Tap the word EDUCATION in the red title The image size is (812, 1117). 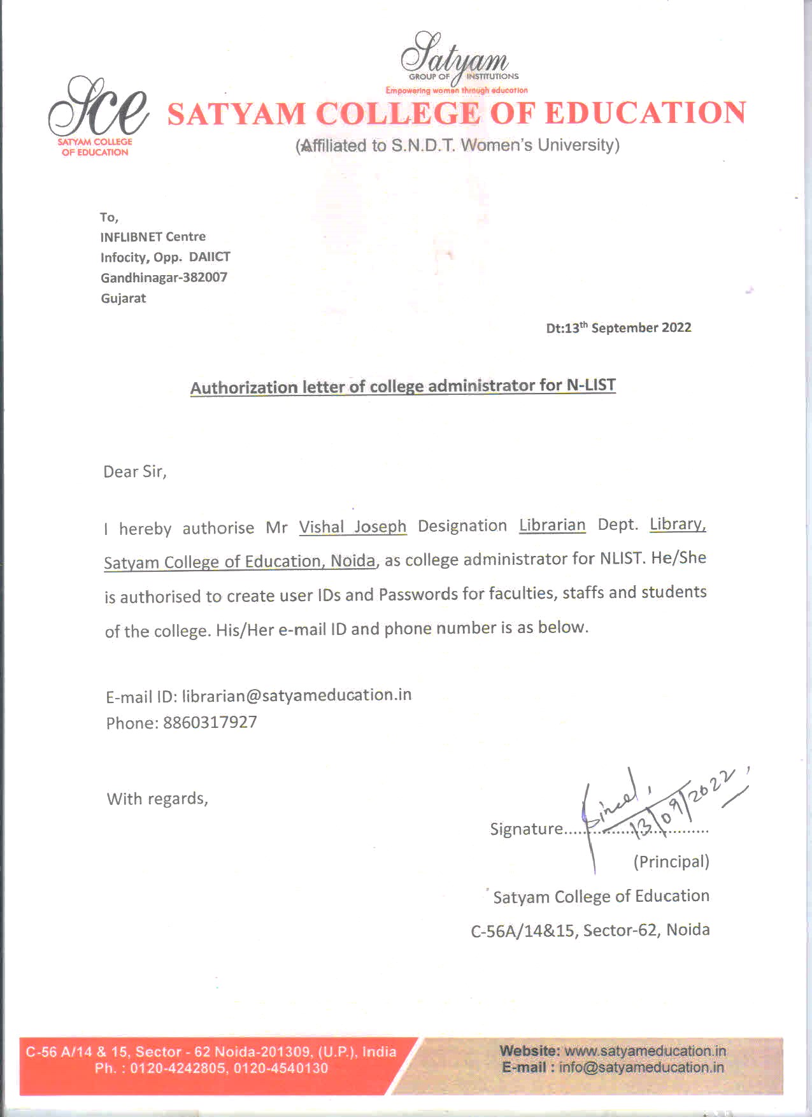[x=645, y=113]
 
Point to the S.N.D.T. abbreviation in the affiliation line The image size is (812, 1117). [x=423, y=146]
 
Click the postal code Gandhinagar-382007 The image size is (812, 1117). [x=164, y=278]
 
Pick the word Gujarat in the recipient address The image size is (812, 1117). [x=124, y=299]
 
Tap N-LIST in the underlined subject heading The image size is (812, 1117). [x=590, y=385]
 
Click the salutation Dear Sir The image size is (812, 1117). [x=134, y=472]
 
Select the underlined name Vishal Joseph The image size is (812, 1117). [x=352, y=527]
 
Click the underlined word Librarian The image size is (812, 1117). [x=552, y=525]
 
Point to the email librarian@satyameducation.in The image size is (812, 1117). [x=297, y=695]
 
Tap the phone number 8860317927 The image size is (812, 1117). [x=210, y=723]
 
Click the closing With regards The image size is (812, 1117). [x=157, y=799]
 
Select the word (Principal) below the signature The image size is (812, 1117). [x=671, y=862]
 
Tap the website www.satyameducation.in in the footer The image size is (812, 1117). [x=645, y=1051]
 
